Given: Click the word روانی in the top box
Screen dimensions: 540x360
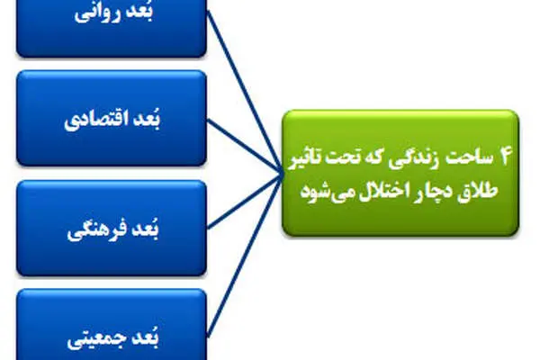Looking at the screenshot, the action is (x=97, y=14).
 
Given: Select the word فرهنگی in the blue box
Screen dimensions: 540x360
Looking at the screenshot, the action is (x=94, y=230).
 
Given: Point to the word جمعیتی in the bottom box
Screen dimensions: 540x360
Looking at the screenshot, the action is (x=94, y=339).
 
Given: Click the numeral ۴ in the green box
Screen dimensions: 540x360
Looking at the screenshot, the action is (x=502, y=157).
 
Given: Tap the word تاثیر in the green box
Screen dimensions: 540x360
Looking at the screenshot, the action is (x=305, y=158).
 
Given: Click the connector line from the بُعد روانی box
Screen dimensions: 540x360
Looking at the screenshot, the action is (x=244, y=93).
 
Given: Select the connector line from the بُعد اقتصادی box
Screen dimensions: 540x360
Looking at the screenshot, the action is (x=244, y=148).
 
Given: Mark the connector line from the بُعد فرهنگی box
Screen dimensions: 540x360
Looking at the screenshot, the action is (x=244, y=202).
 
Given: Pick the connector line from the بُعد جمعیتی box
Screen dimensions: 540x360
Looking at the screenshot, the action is (x=244, y=256).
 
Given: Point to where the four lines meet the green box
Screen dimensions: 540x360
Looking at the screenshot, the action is (x=282, y=175).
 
